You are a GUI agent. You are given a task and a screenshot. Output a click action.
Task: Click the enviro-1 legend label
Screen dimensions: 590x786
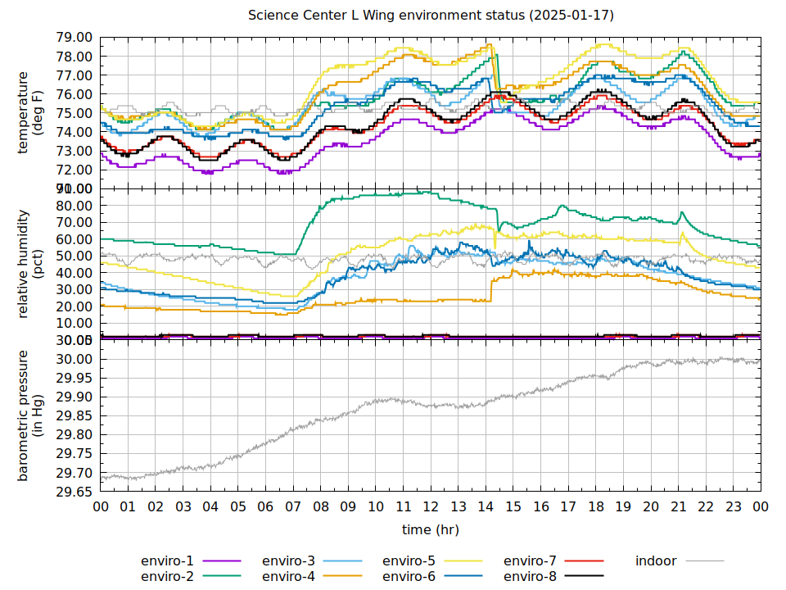167,561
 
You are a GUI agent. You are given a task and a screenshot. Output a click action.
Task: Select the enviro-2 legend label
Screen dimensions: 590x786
167,576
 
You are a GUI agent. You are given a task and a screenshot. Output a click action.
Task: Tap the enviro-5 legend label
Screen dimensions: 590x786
409,561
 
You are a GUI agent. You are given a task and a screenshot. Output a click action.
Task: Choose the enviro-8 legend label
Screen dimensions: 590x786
530,576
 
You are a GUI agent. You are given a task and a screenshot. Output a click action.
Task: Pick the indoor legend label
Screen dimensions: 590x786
656,561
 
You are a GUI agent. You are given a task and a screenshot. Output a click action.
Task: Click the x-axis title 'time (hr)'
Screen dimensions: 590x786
431,529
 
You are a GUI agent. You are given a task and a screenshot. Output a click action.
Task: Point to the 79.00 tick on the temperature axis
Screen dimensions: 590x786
75,38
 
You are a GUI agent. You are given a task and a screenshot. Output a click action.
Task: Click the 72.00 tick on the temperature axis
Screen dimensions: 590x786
75,170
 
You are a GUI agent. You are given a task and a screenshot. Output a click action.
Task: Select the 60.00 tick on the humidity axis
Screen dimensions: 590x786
75,239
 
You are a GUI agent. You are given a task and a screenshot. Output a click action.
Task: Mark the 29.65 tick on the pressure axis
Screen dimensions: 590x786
75,492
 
